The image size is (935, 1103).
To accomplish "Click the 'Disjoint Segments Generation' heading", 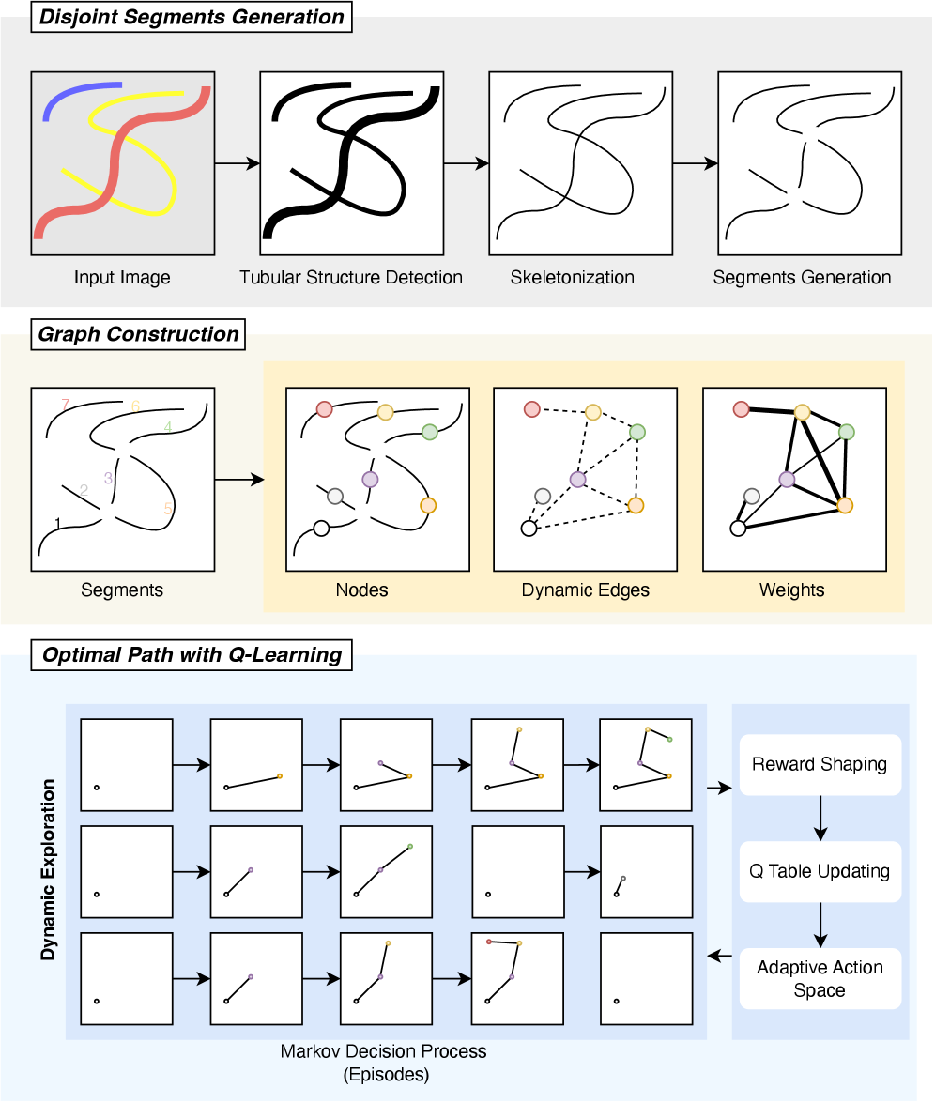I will (191, 18).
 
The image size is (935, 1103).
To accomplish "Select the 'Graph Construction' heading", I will (138, 335).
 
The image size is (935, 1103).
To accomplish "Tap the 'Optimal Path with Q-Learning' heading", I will (192, 655).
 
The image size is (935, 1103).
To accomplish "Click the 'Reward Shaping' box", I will (820, 763).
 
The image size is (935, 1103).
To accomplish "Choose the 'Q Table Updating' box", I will (820, 871).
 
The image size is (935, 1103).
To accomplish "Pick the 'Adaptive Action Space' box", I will (820, 979).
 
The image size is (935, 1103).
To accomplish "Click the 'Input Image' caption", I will (122, 278).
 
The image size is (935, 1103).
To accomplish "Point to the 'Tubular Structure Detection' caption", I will (350, 278).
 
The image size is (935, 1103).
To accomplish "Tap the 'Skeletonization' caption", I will (573, 278).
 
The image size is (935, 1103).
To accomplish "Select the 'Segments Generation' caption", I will (802, 278).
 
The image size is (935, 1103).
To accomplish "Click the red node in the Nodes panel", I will (324, 409).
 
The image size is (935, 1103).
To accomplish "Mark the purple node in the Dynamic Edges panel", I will (577, 480).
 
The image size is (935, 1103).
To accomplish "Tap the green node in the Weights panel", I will (847, 432).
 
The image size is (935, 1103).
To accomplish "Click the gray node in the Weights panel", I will (751, 496).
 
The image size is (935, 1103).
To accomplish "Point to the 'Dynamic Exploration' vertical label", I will (48, 868).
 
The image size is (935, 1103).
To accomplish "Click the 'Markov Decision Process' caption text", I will (384, 1051).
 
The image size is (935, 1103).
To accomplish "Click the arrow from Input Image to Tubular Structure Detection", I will (238, 163).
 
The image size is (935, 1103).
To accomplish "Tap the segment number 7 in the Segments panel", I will (65, 405).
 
